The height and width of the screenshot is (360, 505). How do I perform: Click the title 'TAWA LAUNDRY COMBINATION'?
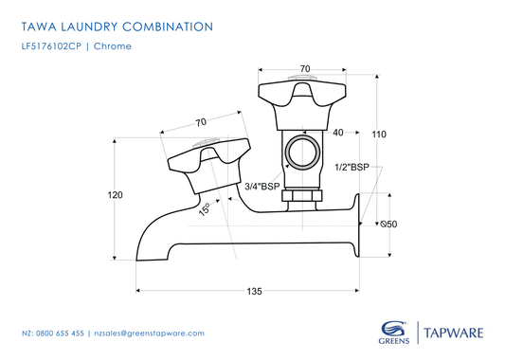pyautogui.click(x=117, y=27)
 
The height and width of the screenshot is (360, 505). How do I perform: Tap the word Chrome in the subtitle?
pyautogui.click(x=112, y=45)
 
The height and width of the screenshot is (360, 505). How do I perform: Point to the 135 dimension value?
pyautogui.click(x=254, y=291)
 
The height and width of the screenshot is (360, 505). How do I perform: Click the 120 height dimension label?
pyautogui.click(x=115, y=195)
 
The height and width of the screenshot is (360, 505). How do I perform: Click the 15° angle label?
pyautogui.click(x=204, y=210)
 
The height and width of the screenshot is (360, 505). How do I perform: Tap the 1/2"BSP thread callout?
pyautogui.click(x=352, y=167)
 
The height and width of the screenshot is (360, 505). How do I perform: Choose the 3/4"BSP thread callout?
pyautogui.click(x=262, y=188)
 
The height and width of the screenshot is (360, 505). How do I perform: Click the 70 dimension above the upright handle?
pyautogui.click(x=304, y=68)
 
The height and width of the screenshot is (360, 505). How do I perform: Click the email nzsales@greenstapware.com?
pyautogui.click(x=149, y=333)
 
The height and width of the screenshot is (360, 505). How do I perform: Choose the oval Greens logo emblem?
pyautogui.click(x=389, y=325)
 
